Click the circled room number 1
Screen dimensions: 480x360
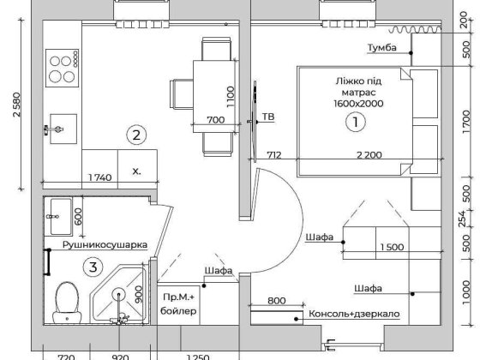tap(356, 122)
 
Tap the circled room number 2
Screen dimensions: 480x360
tap(136, 135)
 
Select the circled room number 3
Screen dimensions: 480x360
tap(93, 267)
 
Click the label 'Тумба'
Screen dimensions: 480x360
tap(381, 48)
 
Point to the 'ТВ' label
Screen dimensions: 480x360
tap(267, 117)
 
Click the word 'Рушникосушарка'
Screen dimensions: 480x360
tap(105, 245)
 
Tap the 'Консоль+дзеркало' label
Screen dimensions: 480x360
tap(354, 314)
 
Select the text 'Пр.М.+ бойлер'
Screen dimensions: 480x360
tap(178, 304)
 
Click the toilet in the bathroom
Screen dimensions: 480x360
tap(67, 303)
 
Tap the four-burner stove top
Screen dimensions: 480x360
tap(62, 68)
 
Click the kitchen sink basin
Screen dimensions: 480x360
tap(63, 129)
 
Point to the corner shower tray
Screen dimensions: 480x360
tap(119, 294)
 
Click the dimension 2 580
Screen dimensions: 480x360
tap(17, 105)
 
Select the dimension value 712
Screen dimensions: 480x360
tap(274, 155)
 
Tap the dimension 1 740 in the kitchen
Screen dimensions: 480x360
tap(99, 177)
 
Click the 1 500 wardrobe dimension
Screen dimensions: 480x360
tap(392, 247)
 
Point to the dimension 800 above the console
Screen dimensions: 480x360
tap(276, 301)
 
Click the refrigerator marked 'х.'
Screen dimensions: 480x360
tap(137, 169)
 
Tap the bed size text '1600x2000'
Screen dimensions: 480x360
tap(358, 104)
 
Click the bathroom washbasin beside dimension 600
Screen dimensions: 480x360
tap(61, 217)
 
